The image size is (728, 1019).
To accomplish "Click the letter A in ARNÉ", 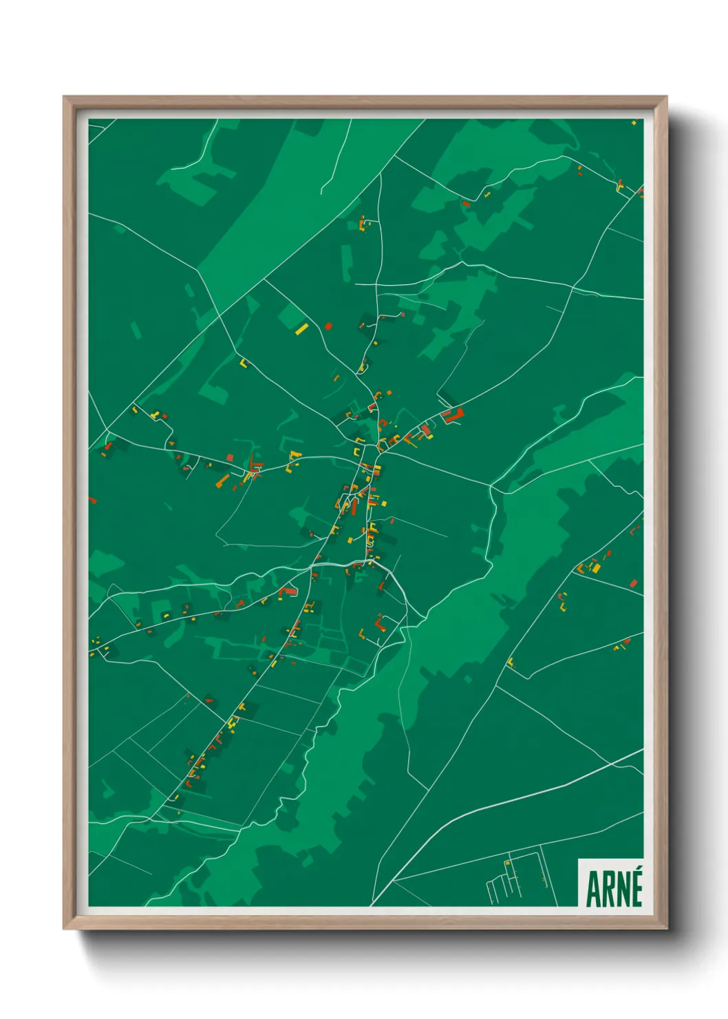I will tap(592, 889).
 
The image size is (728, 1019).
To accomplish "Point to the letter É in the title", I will tap(636, 890).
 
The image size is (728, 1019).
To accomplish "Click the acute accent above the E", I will tap(637, 872).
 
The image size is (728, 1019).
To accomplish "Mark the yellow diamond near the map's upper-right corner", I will tap(634, 123).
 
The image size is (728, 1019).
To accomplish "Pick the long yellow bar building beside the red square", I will tap(301, 328).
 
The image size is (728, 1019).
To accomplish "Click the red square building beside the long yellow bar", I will tap(328, 326).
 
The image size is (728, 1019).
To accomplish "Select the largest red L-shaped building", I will tap(453, 415).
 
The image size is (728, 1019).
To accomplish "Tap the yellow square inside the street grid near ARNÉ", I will tap(507, 863).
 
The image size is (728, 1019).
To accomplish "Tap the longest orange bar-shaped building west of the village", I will tap(223, 479).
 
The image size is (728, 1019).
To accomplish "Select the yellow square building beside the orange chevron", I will tap(596, 567).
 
